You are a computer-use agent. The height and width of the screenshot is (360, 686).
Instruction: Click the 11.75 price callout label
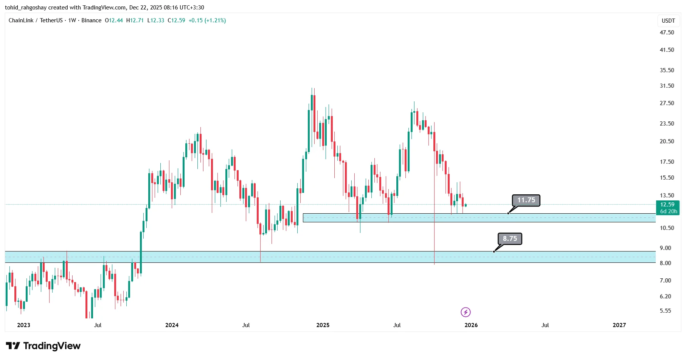tap(526, 200)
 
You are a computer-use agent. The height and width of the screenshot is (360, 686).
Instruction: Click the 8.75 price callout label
tap(510, 239)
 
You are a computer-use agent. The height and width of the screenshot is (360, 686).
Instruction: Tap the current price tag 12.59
tap(667, 205)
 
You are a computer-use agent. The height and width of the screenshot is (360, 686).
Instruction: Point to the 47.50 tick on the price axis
tap(667, 33)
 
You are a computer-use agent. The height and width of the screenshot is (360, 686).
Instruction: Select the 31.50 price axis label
tap(667, 86)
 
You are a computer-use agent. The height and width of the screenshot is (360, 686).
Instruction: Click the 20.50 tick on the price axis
tap(667, 141)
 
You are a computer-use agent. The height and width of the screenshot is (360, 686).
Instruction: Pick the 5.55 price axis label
tap(665, 311)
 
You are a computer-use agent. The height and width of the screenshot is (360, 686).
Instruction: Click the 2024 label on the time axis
tap(172, 325)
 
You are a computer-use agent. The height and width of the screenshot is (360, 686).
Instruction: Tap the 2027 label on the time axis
tap(619, 325)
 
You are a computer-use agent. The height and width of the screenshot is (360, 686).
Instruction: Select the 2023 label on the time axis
tap(23, 325)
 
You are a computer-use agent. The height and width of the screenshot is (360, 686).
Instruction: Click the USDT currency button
tap(668, 21)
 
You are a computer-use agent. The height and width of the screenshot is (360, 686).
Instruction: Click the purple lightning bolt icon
tap(466, 312)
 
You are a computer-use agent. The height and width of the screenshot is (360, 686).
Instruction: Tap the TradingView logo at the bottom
tap(43, 346)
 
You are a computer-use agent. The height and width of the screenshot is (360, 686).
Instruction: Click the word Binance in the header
tap(92, 20)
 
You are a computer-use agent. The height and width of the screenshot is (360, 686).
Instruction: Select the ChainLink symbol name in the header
tap(21, 20)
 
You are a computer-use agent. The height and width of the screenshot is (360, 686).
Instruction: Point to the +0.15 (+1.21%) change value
tap(207, 20)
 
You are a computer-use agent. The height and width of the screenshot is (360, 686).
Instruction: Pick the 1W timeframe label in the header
tap(72, 20)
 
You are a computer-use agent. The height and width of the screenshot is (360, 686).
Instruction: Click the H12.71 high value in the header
tap(135, 20)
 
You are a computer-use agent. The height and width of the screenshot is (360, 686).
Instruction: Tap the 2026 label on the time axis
tap(471, 325)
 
